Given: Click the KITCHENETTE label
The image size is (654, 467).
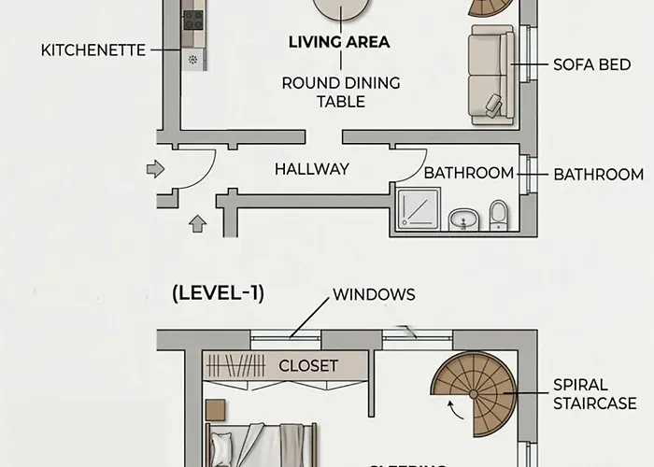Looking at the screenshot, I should [93, 50].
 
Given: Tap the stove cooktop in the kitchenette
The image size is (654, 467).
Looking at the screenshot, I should [193, 20].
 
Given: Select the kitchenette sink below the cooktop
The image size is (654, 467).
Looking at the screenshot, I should [193, 59].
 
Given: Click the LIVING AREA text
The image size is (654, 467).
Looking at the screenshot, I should [339, 42].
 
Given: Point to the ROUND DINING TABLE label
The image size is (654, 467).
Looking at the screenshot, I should [340, 92].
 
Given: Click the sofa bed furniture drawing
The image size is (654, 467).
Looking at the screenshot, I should [490, 75].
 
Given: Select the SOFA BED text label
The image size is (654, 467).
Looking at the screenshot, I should [592, 65].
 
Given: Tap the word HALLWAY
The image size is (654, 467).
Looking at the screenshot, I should [312, 169].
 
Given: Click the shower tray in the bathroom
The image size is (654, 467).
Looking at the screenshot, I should [418, 208].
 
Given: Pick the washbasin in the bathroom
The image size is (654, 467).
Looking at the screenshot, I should [462, 219].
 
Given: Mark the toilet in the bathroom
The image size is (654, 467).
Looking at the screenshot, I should [499, 215].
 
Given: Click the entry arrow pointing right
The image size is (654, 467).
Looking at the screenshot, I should [155, 169].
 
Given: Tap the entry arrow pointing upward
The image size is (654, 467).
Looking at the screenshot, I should [197, 223].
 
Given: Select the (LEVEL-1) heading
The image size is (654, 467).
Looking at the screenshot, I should [218, 293].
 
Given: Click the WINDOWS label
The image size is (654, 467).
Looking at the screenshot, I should [374, 294].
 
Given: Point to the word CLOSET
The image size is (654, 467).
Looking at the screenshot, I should [307, 366].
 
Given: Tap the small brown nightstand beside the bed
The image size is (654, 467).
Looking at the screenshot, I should [215, 410].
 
